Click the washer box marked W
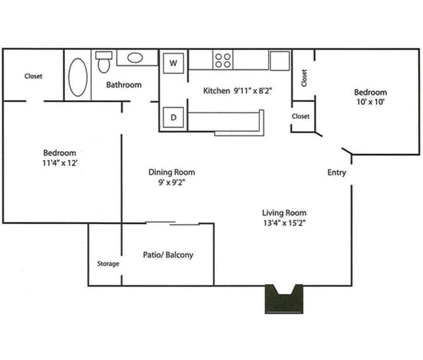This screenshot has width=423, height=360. tap(174, 63)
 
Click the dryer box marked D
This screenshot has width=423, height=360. tap(174, 117)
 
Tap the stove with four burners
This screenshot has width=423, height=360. tap(223, 60)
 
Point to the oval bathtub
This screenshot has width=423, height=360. tap(78, 77)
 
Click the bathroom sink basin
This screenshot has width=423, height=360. tap(135, 59)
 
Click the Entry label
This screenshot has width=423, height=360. tap(337, 173)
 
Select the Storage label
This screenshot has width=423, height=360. tap(108, 264)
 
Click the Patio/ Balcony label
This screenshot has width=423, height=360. tap(168, 254)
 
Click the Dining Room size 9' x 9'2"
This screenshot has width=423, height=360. tap(172, 183)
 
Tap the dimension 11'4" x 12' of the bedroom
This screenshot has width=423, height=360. tap(60, 163)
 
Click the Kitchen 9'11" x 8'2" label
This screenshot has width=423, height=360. tap(238, 91)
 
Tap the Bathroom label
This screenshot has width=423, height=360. tap(124, 85)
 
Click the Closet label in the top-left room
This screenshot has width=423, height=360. tap(33, 77)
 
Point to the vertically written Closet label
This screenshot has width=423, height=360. tap(304, 77)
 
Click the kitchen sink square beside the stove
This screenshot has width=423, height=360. tap(279, 61)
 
